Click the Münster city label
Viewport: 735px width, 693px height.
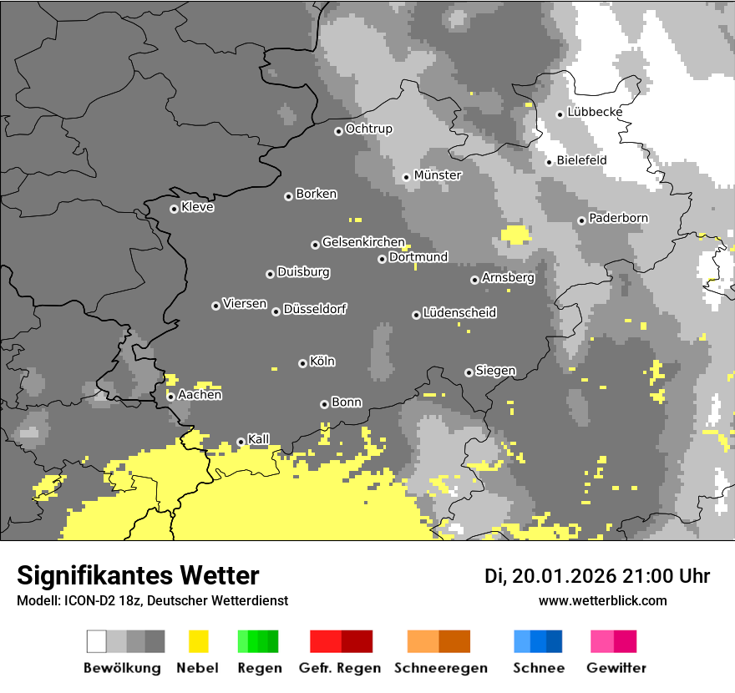[438, 175]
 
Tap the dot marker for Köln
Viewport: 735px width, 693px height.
[302, 363]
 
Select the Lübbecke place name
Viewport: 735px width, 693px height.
[595, 113]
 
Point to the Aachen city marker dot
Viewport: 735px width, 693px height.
[170, 397]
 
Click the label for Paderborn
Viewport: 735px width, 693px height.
[618, 219]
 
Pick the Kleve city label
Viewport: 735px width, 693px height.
[197, 207]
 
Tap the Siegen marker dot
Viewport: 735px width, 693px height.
[469, 372]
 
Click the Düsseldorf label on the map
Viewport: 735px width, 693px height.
[315, 310]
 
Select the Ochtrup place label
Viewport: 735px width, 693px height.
[368, 129]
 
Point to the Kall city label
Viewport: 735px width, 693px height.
[258, 439]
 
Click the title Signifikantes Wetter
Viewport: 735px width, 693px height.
[138, 576]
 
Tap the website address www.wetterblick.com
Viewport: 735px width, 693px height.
[602, 601]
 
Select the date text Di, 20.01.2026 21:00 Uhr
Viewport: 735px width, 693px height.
[597, 576]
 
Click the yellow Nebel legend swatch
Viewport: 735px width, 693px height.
[199, 641]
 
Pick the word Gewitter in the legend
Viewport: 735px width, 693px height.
[616, 668]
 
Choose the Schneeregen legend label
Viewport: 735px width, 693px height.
[441, 668]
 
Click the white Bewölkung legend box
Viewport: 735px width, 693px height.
[97, 641]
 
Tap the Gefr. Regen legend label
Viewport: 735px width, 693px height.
[340, 668]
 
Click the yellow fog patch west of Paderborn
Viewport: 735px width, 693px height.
[515, 234]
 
